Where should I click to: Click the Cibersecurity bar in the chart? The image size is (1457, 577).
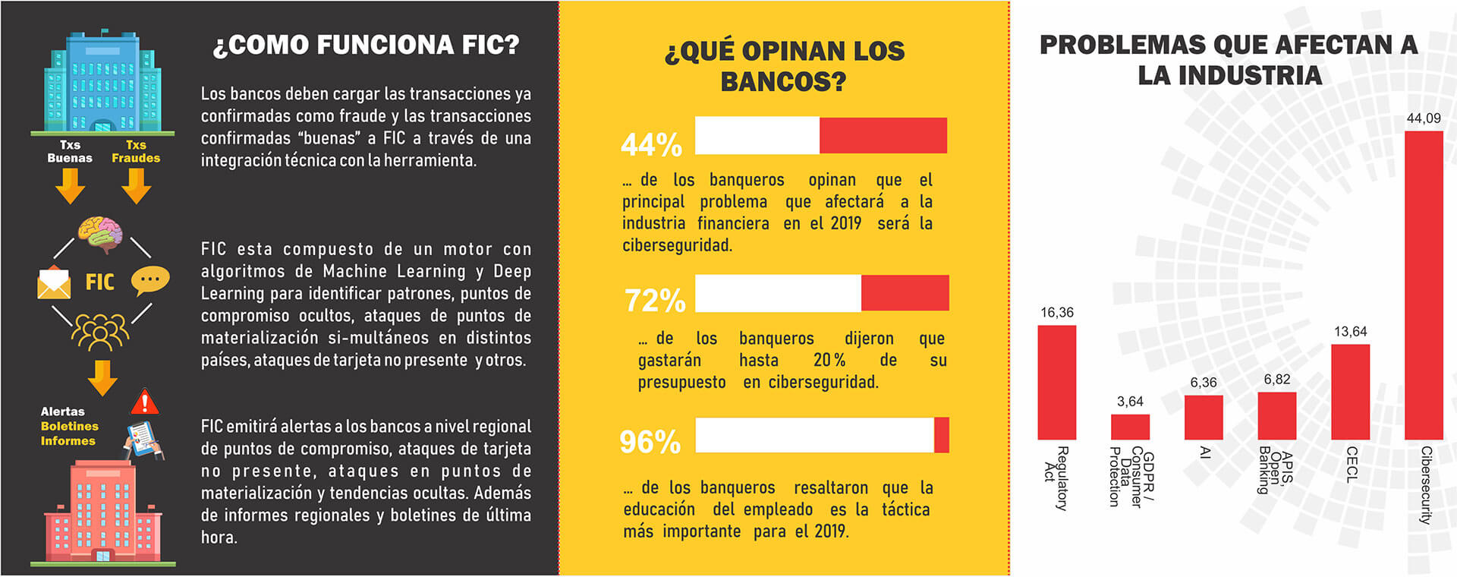click(1423, 285)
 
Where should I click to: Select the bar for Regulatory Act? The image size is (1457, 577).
click(1056, 382)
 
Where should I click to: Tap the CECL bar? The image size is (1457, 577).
click(1350, 392)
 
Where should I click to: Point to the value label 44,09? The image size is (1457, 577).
click(1424, 118)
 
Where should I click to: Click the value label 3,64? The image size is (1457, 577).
click(1130, 402)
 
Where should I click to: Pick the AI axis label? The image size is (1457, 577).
click(1204, 453)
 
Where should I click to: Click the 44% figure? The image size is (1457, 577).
click(651, 144)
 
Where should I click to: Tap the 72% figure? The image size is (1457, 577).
click(655, 301)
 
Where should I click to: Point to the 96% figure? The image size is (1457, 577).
click(650, 442)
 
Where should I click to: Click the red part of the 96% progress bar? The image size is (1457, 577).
click(941, 435)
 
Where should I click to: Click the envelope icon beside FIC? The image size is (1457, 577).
click(54, 283)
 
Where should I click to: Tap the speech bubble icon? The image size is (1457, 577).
click(149, 281)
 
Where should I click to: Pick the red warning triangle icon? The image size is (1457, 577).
click(144, 402)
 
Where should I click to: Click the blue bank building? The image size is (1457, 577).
click(102, 83)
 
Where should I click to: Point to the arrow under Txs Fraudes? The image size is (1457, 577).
click(136, 186)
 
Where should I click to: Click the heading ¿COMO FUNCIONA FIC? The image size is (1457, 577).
click(367, 45)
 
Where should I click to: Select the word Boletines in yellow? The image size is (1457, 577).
click(70, 427)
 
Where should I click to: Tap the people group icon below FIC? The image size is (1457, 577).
click(100, 331)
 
